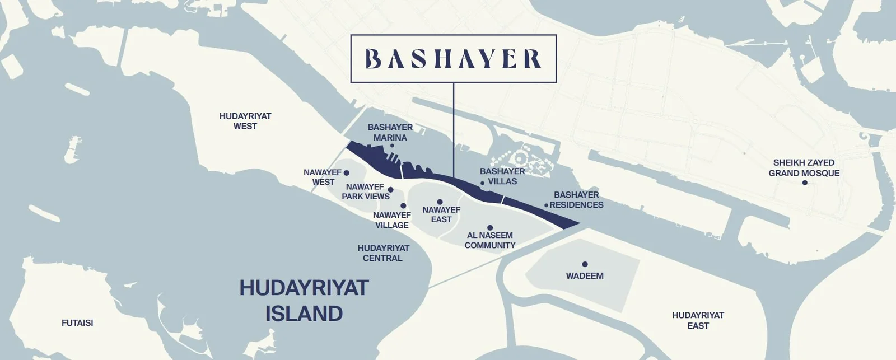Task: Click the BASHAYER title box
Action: point(453,59)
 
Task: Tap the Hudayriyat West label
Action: point(245,121)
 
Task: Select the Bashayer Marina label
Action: point(390,132)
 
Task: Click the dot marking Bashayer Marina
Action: point(392,146)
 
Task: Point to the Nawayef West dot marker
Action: point(346,173)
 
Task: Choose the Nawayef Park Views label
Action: point(365,191)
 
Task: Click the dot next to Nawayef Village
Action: point(403,206)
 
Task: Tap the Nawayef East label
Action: point(441,214)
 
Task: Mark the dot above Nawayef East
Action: point(440,202)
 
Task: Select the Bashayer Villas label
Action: point(502,176)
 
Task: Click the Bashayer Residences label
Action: point(576,200)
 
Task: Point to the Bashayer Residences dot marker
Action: point(546,205)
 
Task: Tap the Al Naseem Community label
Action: point(490,240)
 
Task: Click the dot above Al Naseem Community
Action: point(490,228)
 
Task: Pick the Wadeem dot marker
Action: point(585,264)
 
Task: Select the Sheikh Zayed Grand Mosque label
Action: point(804,168)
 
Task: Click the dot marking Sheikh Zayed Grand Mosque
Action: point(805,183)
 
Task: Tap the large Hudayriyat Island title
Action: point(304,300)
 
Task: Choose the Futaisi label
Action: point(77,323)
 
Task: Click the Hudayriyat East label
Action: point(698,320)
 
